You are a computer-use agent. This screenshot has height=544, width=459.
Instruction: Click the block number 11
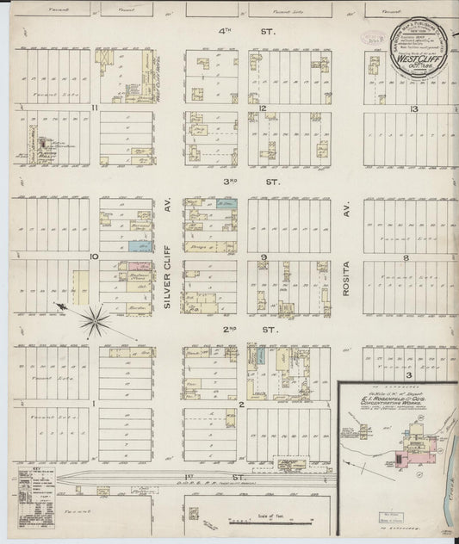click(x=92, y=108)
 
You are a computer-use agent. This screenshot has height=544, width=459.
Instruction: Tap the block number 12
click(x=260, y=108)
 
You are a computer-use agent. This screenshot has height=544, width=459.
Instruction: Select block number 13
click(x=413, y=108)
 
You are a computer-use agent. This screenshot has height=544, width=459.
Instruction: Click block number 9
click(x=265, y=257)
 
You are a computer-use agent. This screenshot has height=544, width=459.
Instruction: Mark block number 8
click(x=413, y=257)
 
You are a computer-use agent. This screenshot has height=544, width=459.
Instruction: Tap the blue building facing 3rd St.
click(x=226, y=204)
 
